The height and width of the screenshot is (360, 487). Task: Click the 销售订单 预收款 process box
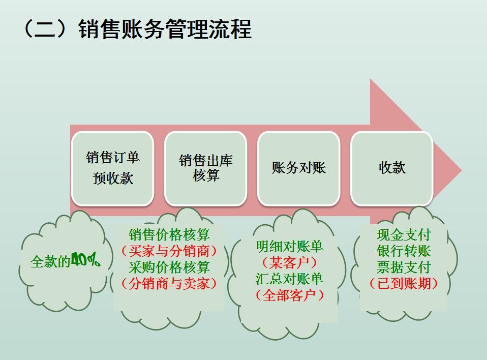(x=112, y=168)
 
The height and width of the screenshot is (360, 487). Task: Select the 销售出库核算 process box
(x=205, y=168)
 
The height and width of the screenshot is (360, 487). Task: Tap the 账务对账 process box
(x=298, y=168)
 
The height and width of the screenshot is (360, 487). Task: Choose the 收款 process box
(x=392, y=168)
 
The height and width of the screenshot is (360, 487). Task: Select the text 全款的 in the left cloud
(x=50, y=262)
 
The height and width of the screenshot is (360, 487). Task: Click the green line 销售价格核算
(x=169, y=234)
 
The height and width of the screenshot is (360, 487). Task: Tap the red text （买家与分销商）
(x=169, y=251)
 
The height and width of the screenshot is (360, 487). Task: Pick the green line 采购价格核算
(x=169, y=267)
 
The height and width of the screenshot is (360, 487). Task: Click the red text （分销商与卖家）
(x=169, y=283)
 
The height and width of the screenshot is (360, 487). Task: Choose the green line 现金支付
(x=404, y=234)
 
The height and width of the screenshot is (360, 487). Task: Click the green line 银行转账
(x=404, y=251)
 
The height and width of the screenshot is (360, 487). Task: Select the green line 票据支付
(x=404, y=267)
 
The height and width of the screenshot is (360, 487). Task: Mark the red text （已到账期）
(x=404, y=283)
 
